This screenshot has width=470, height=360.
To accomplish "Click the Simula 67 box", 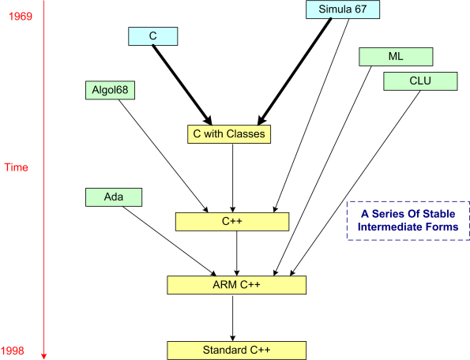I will point(343,10).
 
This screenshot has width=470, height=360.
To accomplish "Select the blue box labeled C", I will point(152,36).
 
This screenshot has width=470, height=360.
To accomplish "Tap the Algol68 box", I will point(111,90).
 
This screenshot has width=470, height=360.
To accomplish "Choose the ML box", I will point(396,57).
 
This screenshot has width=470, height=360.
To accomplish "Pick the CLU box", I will point(420,81).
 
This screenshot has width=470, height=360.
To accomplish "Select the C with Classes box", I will point(229,134).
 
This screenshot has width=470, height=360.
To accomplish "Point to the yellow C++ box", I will point(231,222).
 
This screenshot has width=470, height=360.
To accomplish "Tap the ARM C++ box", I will point(236,284).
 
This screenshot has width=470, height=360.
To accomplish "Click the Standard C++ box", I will point(235,349).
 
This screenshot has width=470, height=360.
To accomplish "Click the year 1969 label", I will point(19,16).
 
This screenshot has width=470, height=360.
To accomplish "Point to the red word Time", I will point(17,167).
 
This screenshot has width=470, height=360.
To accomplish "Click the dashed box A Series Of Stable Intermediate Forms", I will point(404,220).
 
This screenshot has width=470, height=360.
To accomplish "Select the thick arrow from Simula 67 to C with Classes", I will point(295,71).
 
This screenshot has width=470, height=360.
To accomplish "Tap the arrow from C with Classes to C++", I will point(232,178).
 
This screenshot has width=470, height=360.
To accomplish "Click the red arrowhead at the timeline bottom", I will point(44,355).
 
